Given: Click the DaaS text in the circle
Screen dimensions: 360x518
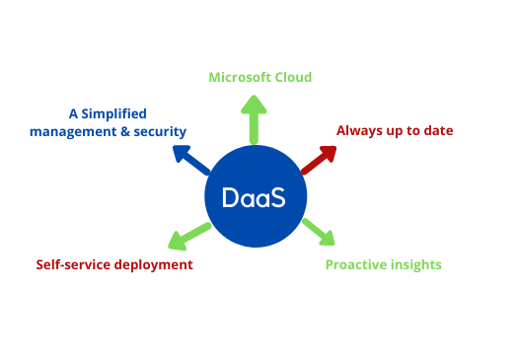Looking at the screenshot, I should (254, 197).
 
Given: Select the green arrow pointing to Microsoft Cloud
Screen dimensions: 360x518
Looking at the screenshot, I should (254, 119).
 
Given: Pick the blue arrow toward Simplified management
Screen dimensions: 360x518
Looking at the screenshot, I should (190, 160).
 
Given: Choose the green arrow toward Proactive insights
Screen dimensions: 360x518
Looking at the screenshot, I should (318, 231).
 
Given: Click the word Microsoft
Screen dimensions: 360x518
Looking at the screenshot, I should (241, 77).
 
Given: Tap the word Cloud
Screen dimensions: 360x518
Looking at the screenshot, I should (292, 77).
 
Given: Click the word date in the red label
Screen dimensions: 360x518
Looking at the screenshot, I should (438, 130).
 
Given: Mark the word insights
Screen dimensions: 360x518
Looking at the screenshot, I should (416, 264).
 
